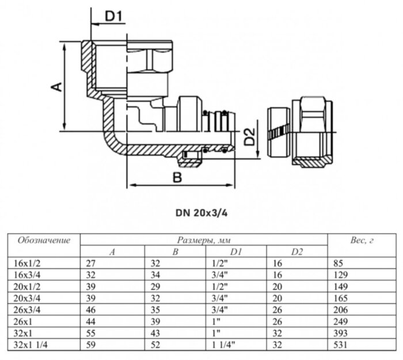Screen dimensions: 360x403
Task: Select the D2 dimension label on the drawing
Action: (x=249, y=137)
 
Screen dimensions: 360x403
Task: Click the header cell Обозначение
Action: (x=44, y=240)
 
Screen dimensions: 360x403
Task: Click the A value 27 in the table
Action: (x=90, y=263)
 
